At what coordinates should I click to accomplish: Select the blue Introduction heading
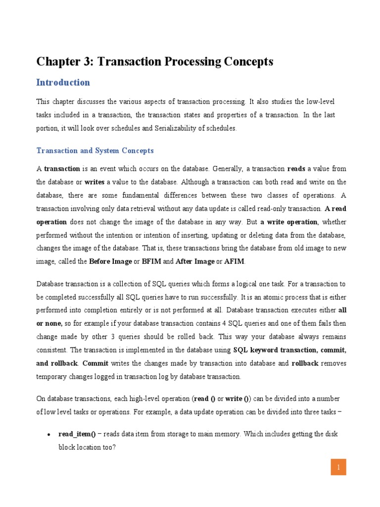pos(63,83)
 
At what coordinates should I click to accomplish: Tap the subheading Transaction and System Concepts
pos(95,151)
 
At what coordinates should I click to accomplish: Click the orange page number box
pos(338,467)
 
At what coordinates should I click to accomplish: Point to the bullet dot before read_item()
pos(48,435)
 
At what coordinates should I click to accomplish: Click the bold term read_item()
pos(77,434)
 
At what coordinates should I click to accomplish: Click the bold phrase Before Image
pos(110,261)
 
